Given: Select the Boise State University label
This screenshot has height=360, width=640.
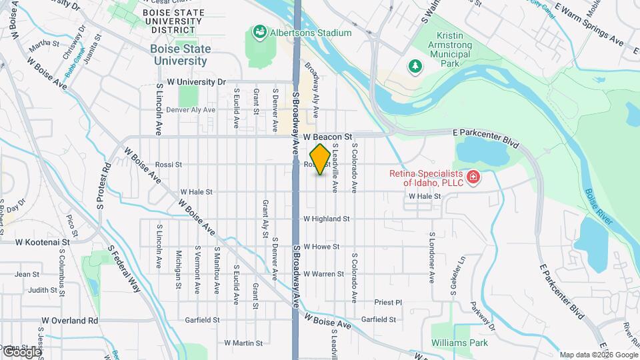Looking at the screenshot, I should click(180, 55).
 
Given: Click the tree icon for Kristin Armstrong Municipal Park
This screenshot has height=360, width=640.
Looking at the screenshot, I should click(415, 65).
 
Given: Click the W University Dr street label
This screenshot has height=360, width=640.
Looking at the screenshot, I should click(197, 82).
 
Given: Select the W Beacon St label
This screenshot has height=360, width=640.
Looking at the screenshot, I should click(327, 136).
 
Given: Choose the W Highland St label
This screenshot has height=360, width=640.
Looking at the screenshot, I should click(327, 219).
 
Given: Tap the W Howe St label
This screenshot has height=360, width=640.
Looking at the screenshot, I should click(321, 246).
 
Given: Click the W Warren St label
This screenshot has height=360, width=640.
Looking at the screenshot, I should click(323, 274).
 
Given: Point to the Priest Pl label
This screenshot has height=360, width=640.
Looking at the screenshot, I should click(388, 302).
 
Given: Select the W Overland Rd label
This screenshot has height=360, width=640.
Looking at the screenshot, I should click(69, 321).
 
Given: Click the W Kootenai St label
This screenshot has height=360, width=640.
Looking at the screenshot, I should click(43, 243).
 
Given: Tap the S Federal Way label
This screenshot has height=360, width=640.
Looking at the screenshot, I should click(126, 270).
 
